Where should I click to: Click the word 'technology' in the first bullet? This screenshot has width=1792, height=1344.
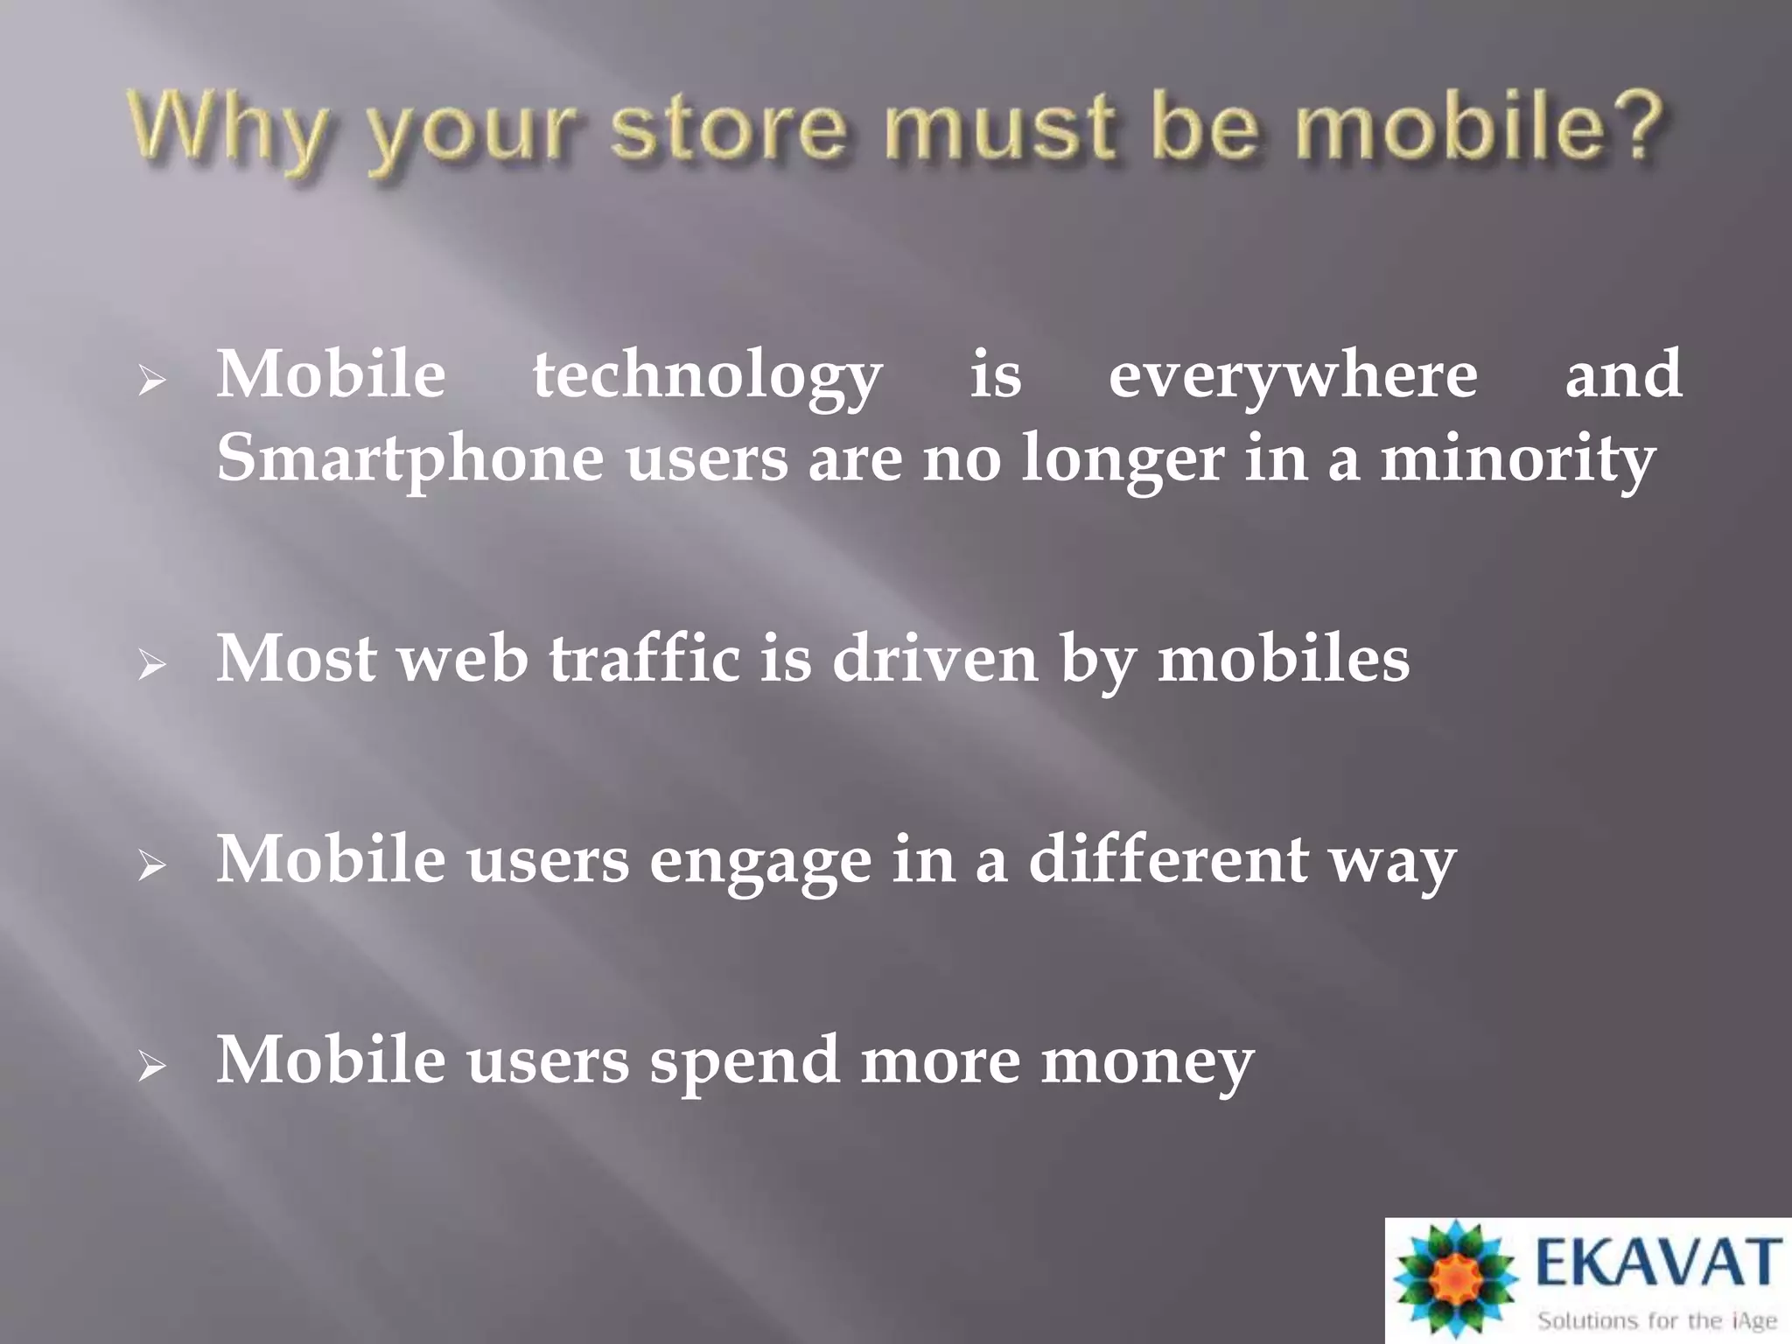pyautogui.click(x=707, y=376)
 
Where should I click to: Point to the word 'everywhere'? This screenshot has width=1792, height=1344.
pyautogui.click(x=1292, y=376)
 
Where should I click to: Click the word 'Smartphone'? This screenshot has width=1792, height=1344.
pyautogui.click(x=409, y=458)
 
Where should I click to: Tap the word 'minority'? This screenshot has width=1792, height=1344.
pyautogui.click(x=1518, y=458)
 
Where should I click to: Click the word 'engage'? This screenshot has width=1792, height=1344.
pyautogui.click(x=759, y=861)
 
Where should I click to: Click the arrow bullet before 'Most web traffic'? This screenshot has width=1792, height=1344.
pyautogui.click(x=151, y=666)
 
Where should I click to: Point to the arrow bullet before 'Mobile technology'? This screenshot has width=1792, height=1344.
pyautogui.click(x=151, y=381)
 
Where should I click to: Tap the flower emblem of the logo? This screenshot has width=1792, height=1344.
pyautogui.click(x=1452, y=1278)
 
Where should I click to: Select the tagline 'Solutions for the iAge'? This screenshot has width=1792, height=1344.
pyautogui.click(x=1657, y=1319)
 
